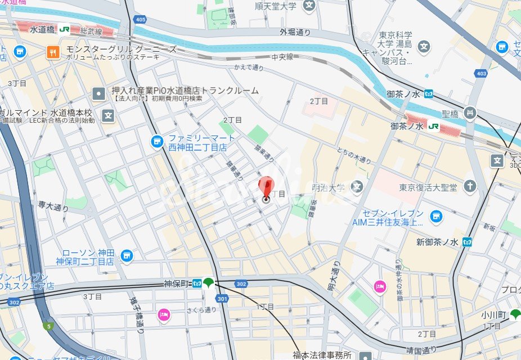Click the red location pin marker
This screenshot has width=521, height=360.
point(266,188)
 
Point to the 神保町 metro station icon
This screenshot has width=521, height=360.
point(197,283)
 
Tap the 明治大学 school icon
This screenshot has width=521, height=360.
point(356,186)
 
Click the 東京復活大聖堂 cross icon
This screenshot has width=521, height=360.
point(470,186)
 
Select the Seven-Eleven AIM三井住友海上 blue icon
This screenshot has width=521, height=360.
point(435,216)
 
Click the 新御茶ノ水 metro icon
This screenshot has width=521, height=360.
point(466,242)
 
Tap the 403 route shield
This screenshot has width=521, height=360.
point(480,73)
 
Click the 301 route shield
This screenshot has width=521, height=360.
point(222,298)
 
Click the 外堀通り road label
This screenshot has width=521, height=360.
point(295,33)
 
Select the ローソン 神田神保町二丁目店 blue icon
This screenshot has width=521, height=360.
point(127,256)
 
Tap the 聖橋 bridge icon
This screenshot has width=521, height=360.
point(470,114)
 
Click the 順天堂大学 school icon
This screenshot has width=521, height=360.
point(308,6)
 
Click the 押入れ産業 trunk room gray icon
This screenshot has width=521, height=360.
point(99,93)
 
